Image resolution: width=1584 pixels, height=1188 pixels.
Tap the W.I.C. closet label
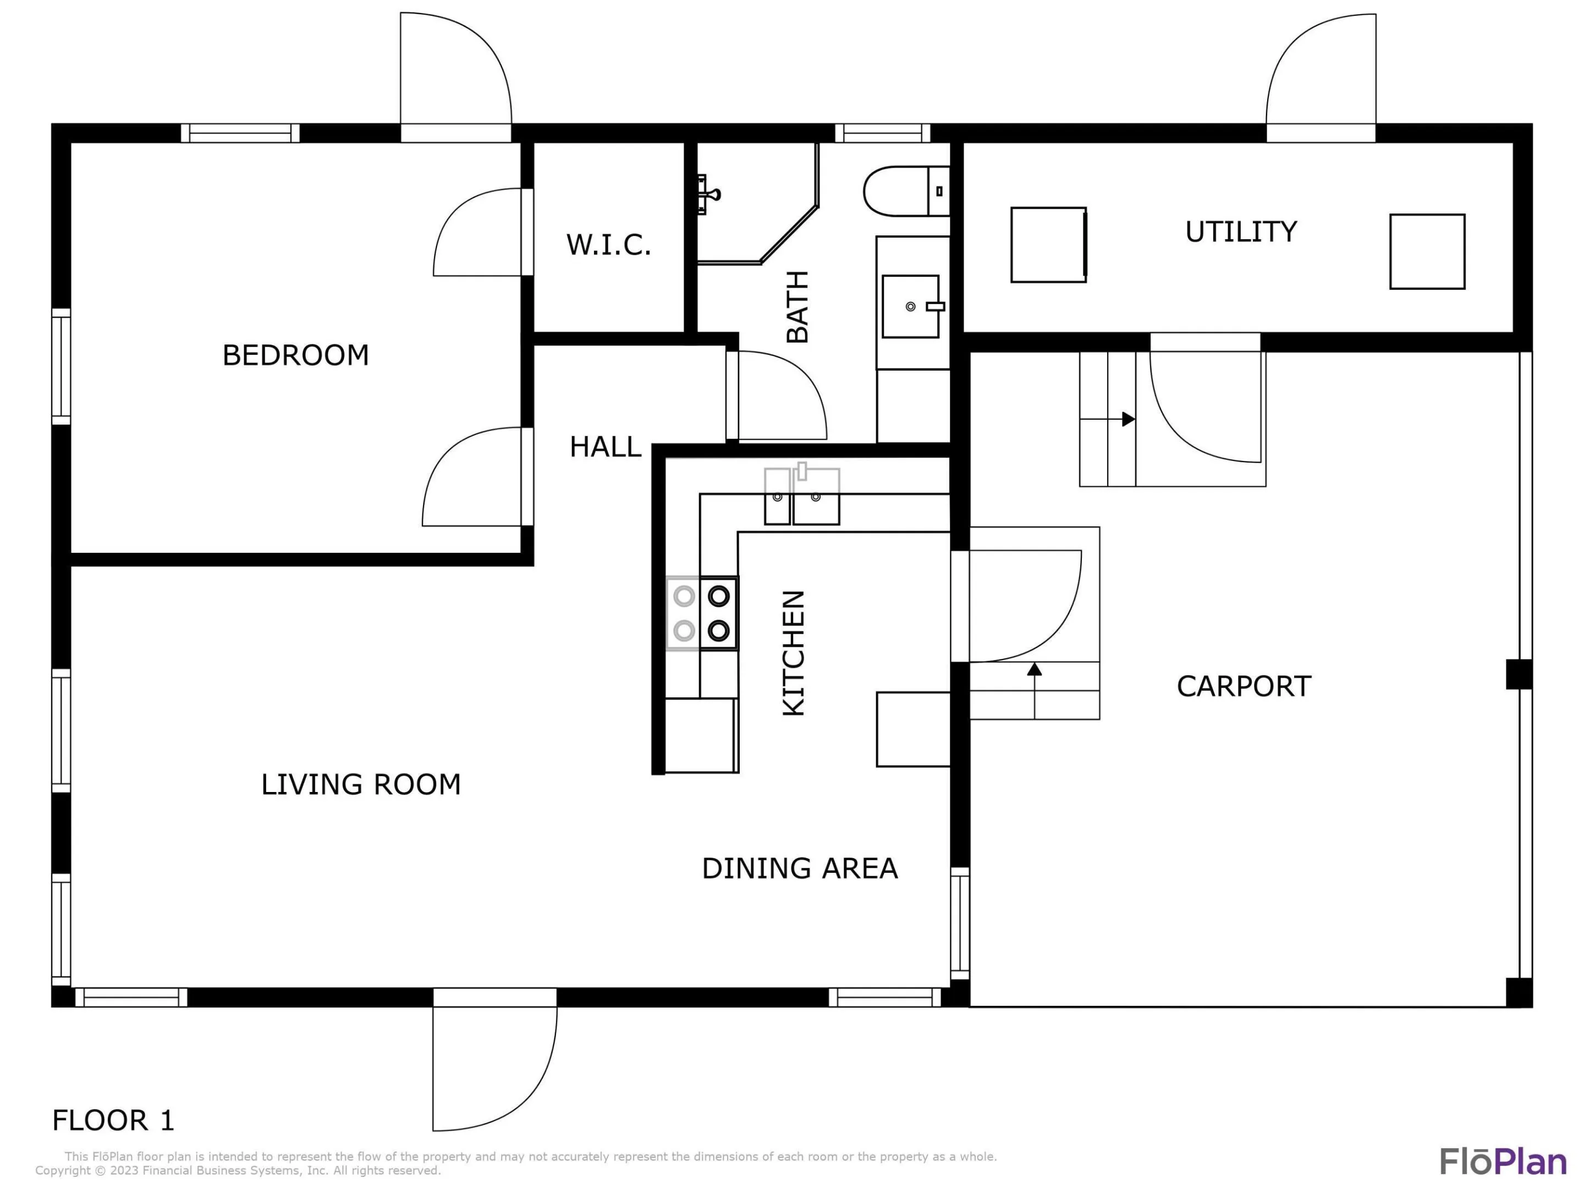click(x=609, y=245)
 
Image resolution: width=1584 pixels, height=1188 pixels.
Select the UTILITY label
click(x=1241, y=232)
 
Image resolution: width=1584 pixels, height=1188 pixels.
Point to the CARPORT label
click(x=1244, y=686)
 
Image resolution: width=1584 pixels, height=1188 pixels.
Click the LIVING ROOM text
click(x=361, y=784)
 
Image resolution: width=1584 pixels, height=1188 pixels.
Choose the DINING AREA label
click(x=799, y=868)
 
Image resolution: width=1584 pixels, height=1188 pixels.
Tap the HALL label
click(x=605, y=447)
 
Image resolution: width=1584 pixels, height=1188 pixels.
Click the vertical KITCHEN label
click(x=794, y=653)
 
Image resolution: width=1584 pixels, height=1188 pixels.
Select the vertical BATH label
click(x=798, y=306)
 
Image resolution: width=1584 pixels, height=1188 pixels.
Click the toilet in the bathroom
click(x=906, y=191)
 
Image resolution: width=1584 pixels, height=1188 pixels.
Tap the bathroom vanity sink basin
click(x=911, y=306)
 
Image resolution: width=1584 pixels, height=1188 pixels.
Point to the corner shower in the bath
click(x=758, y=204)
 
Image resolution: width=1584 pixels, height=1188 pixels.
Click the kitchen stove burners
click(x=702, y=614)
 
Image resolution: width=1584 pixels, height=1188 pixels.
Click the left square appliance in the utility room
click(x=1049, y=245)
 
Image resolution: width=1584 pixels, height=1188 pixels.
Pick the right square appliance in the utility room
click(x=1427, y=251)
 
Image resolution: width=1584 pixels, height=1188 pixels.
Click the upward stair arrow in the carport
click(x=1034, y=690)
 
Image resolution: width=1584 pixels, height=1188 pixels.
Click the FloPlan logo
click(x=1503, y=1162)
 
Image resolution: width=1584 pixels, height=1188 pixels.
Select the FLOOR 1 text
click(x=113, y=1120)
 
